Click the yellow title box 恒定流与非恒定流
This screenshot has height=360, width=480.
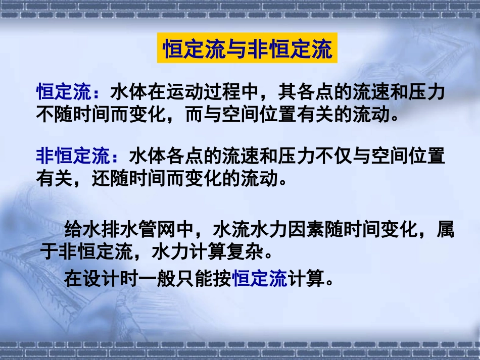pyautogui.click(x=247, y=49)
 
